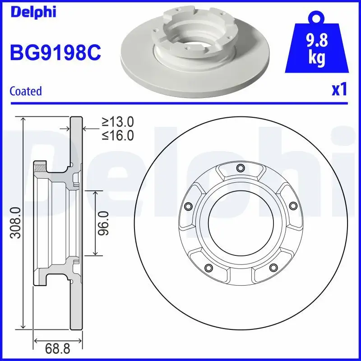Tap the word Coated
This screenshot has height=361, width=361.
[26, 91]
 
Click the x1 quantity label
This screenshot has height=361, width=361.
[339, 90]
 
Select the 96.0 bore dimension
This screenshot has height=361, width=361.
[104, 223]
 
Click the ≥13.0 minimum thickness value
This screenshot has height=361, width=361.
[118, 121]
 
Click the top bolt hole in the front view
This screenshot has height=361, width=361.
[240, 169]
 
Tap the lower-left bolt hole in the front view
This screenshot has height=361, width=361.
[208, 268]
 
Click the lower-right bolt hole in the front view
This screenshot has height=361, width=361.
[273, 268]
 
